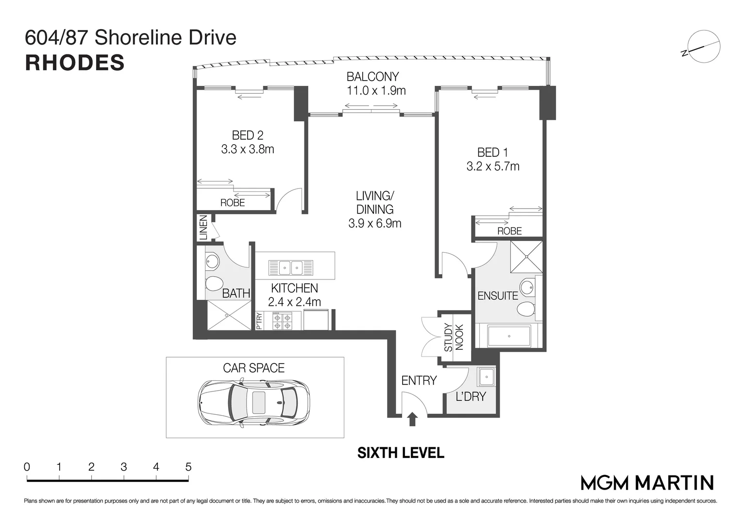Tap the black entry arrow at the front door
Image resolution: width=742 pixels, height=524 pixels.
pos(412,419)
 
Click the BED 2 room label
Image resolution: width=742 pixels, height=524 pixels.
pos(248,135)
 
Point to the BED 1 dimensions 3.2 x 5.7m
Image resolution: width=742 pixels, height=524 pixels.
pos(493,166)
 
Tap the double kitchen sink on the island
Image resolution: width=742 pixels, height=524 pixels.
pos(291,267)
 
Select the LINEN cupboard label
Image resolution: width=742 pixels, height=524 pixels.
pos(203,227)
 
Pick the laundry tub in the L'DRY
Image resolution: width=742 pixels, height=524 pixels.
pos(486,377)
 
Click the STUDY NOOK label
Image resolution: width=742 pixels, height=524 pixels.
pos(454,337)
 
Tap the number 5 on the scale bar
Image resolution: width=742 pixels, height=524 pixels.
pos(188,467)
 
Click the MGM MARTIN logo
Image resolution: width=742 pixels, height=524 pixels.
pos(647,482)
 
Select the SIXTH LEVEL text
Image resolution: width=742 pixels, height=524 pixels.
pos(401,453)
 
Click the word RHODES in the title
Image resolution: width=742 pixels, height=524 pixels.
pos(75,63)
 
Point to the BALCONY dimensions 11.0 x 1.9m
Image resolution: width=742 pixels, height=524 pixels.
pos(376,91)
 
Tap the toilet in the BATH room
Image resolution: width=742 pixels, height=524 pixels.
pos(214,283)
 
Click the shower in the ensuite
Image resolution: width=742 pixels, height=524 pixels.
pos(525,258)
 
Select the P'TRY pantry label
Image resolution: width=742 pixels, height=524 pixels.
pos(259,322)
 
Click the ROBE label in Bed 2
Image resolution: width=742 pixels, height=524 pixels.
pos(233,203)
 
